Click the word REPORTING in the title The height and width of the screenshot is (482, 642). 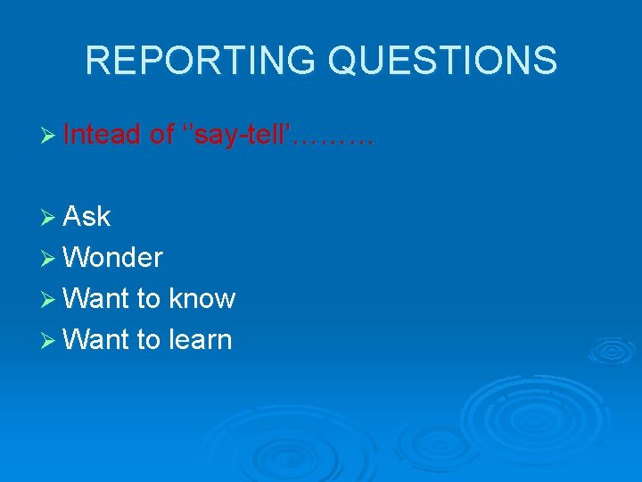[x=202, y=61]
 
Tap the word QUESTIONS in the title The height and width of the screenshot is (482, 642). [x=443, y=61]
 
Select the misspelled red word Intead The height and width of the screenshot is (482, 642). [x=103, y=135]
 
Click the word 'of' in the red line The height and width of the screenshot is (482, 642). [x=162, y=135]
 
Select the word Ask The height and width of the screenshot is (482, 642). [x=87, y=216]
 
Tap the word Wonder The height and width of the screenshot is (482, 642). [x=113, y=258]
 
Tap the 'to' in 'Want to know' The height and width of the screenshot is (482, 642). [x=148, y=299]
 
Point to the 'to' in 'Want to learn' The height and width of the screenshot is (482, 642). [x=148, y=340]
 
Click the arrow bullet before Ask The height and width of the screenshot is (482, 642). [x=50, y=217]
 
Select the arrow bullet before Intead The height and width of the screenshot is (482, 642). [x=50, y=136]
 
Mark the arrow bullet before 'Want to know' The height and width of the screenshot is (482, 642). [x=50, y=299]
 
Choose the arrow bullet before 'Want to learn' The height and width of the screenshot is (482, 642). [x=50, y=340]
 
